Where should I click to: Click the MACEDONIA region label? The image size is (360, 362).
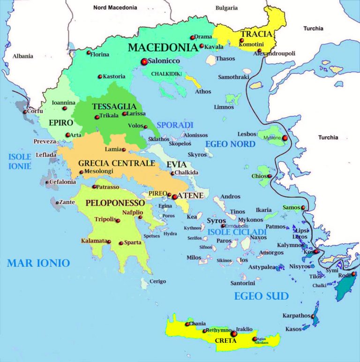pos(162,47)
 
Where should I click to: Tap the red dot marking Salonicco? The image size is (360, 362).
pos(144,61)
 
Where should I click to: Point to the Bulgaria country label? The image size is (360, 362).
pos(226,8)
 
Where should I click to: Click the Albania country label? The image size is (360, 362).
pos(23,56)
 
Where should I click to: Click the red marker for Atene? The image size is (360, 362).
pos(174,197)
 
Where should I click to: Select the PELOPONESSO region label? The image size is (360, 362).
pos(114,203)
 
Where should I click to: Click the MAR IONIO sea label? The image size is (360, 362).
pos(38,263)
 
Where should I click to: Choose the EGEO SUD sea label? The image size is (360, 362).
pos(261,296)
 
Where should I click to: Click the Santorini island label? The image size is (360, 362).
pos(242,283)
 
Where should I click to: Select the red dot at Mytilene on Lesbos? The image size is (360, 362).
pos(285,138)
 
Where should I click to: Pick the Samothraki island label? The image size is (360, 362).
pos(233,76)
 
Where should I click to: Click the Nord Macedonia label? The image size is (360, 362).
pos(115,8)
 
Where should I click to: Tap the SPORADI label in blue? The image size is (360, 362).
pos(175,125)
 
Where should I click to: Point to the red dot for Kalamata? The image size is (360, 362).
pos(109,242)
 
